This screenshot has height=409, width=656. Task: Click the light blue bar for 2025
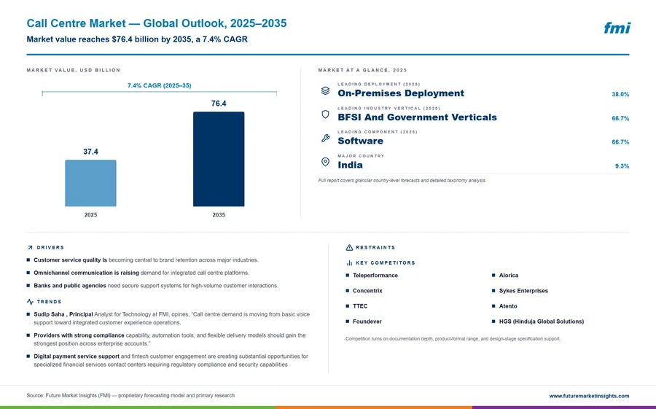(x=90, y=183)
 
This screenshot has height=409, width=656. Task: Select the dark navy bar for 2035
(x=219, y=159)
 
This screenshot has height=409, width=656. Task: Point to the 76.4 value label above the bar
(x=219, y=104)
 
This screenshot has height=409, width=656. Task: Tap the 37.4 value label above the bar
(x=90, y=152)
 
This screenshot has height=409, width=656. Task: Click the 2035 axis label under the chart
(x=219, y=215)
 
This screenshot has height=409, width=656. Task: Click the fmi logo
(x=617, y=28)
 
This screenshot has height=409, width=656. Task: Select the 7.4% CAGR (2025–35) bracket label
(x=160, y=85)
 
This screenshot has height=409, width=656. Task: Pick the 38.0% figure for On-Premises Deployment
(x=620, y=94)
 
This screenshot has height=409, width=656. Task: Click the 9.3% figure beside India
(x=622, y=165)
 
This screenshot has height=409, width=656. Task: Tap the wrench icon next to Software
(x=326, y=138)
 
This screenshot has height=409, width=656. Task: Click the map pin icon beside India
(x=325, y=162)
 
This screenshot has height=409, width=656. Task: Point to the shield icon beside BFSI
(x=325, y=114)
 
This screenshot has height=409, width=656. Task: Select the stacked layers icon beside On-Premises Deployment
(x=325, y=90)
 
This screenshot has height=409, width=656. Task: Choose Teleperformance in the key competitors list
(x=375, y=276)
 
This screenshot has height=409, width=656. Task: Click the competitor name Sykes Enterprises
(x=523, y=290)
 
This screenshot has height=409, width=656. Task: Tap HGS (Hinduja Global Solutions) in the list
(x=542, y=322)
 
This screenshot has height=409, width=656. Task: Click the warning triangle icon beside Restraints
(x=349, y=247)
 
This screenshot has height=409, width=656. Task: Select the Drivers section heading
(x=50, y=247)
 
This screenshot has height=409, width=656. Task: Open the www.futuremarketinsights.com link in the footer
(x=589, y=396)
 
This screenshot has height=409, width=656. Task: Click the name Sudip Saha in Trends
(x=49, y=314)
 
